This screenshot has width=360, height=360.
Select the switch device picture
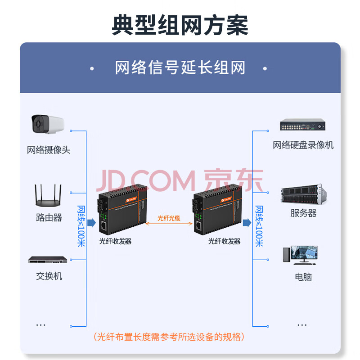[x=48, y=260]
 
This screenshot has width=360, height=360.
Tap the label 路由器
[x=49, y=218]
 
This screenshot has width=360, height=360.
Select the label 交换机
[x=49, y=276]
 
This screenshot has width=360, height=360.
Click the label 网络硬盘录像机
[x=303, y=145]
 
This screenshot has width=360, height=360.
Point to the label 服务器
[x=303, y=213]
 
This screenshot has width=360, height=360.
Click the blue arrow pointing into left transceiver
[x=91, y=222]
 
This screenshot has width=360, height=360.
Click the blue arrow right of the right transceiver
[x=247, y=222]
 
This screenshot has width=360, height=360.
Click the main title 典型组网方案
[x=180, y=25]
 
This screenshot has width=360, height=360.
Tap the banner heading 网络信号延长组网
[x=180, y=68]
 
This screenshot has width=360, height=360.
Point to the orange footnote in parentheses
[x=169, y=337]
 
